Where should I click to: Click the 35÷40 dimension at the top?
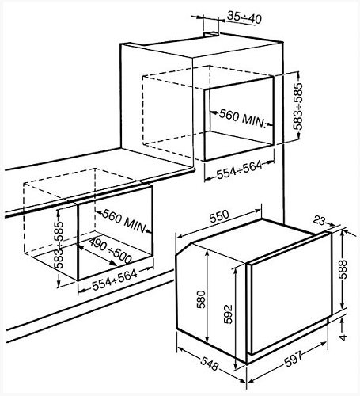pos(244,17)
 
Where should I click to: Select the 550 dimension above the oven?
pos(219,216)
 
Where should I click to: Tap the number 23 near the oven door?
pos(320,221)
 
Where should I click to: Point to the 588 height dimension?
pos(343,269)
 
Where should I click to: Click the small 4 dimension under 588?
pos(343,337)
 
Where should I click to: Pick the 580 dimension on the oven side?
pos(201,299)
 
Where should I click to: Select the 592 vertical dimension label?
pos(228,314)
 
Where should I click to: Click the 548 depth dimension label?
pos(210,364)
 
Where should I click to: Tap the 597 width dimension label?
pos(294,359)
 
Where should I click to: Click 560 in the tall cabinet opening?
pos(229,115)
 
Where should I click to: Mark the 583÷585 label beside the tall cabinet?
pos(298,106)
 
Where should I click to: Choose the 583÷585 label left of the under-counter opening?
pos(59,245)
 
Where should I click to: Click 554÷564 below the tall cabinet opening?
pos(240,169)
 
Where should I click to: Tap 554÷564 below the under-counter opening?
pos(115,280)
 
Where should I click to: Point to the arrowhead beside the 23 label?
pos(332,225)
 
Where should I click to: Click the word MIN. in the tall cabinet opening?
pos(253,121)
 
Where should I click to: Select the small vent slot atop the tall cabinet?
pos(211,34)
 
